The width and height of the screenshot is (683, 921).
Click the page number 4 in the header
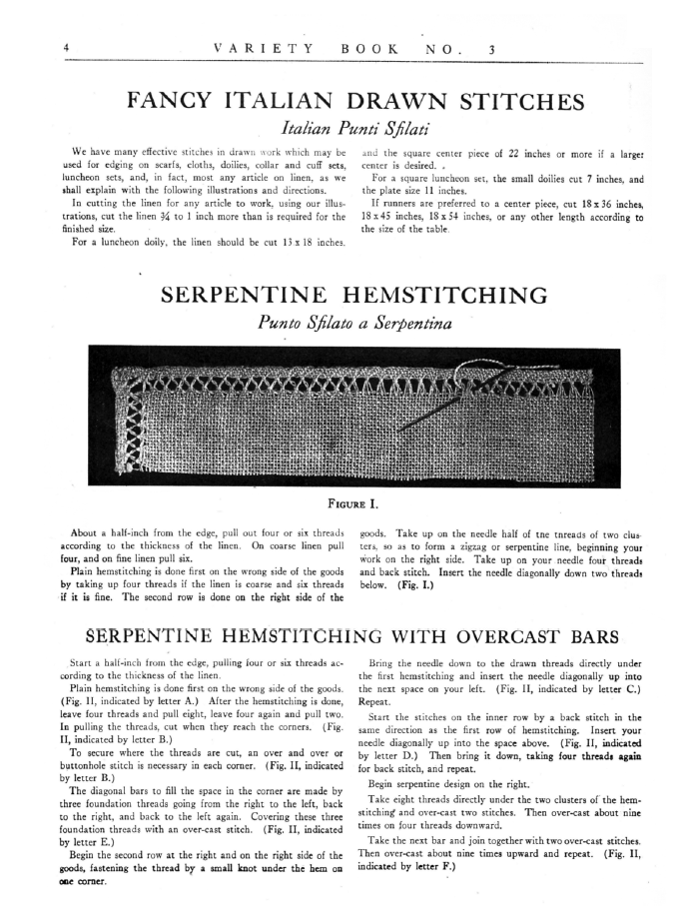pyautogui.click(x=65, y=48)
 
